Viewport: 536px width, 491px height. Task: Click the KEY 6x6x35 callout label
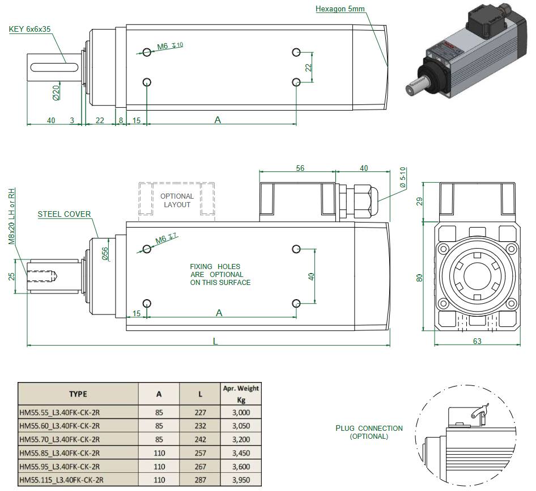[30, 29]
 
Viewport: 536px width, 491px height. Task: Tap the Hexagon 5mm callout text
[341, 9]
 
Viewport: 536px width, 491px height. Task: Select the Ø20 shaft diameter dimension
[56, 92]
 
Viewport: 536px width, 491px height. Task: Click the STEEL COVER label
[64, 215]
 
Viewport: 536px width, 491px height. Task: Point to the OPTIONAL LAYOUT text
[177, 200]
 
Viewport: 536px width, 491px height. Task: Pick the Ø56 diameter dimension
[105, 254]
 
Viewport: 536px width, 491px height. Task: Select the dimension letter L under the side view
[215, 341]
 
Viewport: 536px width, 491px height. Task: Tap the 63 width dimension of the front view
[477, 341]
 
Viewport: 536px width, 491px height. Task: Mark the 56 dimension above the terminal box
[300, 168]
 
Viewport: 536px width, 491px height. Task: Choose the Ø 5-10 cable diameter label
[403, 178]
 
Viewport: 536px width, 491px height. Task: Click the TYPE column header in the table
[78, 394]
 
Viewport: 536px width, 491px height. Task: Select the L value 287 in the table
[199, 480]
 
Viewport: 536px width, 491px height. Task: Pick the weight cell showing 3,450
[241, 453]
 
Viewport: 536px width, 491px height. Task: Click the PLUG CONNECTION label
[369, 429]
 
